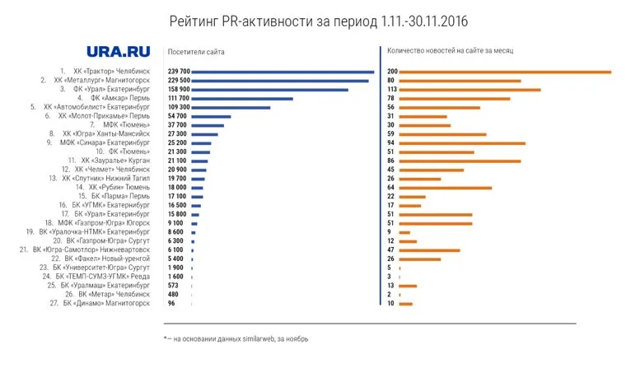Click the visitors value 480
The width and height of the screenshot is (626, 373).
(x=174, y=294)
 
